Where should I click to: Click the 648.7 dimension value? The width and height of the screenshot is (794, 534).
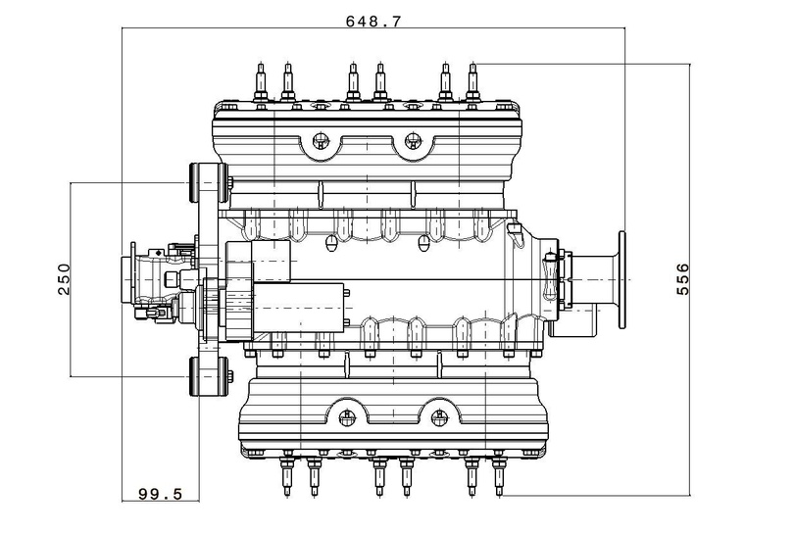pos(373,22)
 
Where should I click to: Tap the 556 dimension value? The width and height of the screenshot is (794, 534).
pos(682,279)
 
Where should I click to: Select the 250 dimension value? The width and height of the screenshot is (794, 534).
pos(65,279)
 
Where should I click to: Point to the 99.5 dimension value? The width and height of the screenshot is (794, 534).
pos(160,494)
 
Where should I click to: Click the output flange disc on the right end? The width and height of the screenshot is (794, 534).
pos(622,279)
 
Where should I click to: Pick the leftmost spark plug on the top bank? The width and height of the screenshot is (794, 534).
pos(261,82)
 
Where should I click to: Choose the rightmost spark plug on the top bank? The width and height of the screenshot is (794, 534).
pos(472,82)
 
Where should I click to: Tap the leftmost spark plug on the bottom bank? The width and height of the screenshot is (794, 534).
pos(287,475)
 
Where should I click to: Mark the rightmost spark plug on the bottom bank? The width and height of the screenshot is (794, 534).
pos(499,475)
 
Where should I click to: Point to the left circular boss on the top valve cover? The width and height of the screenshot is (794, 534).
pos(320,139)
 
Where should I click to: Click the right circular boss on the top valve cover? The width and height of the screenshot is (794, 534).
pos(414,139)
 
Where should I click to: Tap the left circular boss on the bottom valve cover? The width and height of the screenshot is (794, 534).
pos(346,417)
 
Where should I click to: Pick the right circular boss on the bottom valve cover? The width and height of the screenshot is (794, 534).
pos(439,417)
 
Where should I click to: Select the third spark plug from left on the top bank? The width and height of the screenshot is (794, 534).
pos(353,82)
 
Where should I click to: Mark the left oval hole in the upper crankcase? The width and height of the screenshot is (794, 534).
pos(330,242)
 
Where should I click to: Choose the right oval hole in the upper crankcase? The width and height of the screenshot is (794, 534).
pos(422,242)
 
